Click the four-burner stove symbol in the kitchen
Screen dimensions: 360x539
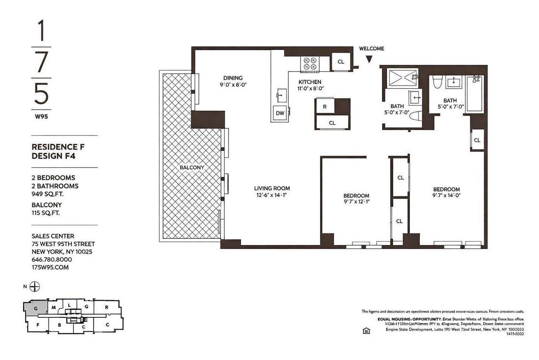tap(310, 64)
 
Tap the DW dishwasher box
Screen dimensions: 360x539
tap(280, 113)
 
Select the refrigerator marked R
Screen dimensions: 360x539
tap(325, 107)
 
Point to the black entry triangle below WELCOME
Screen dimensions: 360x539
tap(369, 59)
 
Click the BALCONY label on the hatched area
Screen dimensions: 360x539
tap(192, 167)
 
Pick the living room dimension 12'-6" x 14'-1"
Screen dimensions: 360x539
tap(272, 195)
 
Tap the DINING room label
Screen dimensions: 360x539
tap(233, 78)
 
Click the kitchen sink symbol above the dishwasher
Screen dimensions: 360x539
tap(281, 95)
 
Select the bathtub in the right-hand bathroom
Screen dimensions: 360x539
tap(475, 94)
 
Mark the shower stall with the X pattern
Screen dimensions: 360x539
tap(402, 78)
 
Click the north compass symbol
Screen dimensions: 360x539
tap(34, 287)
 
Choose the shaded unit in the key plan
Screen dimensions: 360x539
tap(35, 308)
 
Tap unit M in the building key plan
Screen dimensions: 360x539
tap(54, 308)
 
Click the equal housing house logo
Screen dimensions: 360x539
tap(366, 330)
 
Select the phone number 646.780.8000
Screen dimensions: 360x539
tap(52, 259)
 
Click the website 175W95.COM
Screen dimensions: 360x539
tap(50, 267)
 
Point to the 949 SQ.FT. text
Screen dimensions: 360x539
tap(48, 194)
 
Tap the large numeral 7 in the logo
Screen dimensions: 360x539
tap(41, 62)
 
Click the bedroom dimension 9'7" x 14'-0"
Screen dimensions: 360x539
tap(446, 195)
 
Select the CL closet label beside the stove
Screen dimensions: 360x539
tap(341, 62)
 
